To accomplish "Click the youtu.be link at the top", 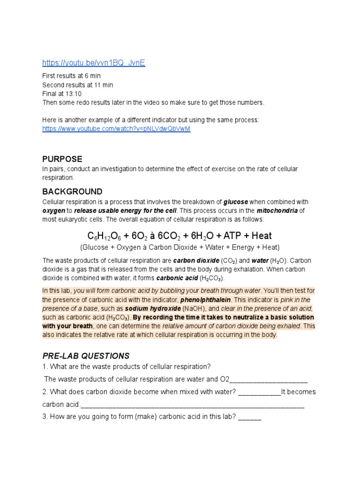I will point(94,63).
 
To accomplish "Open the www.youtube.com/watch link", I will point(116,128).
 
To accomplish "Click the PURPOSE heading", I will point(62,159).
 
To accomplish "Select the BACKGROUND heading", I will point(72,192).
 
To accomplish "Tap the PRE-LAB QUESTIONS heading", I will point(86,356).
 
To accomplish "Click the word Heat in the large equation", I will point(262,236).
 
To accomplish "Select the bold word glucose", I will point(236,202).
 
